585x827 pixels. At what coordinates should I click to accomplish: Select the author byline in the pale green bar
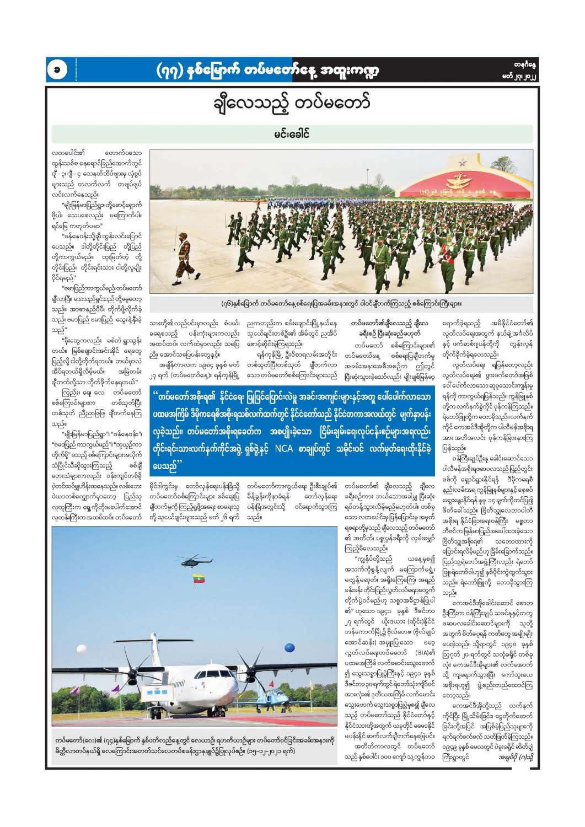(x=292, y=134)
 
